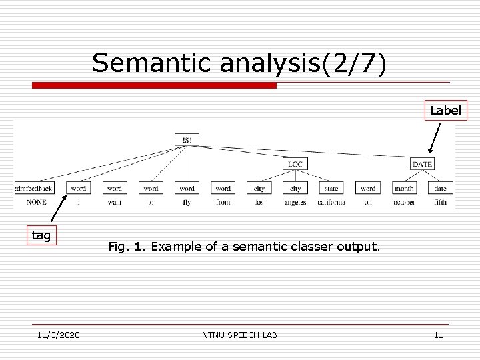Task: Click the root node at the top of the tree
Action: coord(187,140)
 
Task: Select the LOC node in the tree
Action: coord(295,164)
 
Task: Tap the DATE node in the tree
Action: coord(422,164)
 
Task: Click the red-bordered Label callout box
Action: coord(445,111)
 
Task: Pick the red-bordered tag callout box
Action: coord(41,235)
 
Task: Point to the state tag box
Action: coord(331,189)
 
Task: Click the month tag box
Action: coord(403,189)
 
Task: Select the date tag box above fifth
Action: coord(440,189)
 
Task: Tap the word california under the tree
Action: coord(331,203)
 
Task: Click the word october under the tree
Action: coord(403,203)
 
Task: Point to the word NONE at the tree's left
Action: coord(36,203)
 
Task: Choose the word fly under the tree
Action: coord(187,203)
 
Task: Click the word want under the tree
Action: coord(115,203)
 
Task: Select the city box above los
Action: coord(259,189)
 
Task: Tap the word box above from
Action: coord(223,189)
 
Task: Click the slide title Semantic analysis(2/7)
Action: coord(239,63)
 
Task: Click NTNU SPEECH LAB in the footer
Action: coord(239,335)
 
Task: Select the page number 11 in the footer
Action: coord(438,335)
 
